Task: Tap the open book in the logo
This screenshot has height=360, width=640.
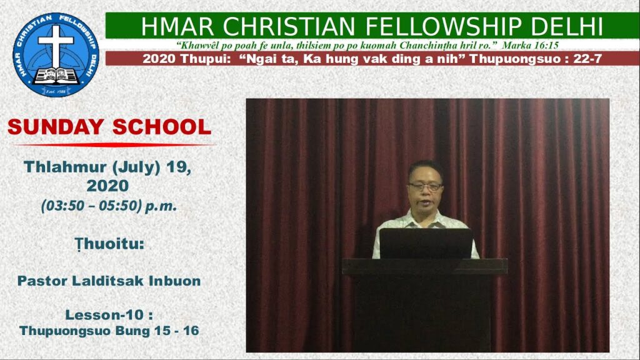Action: tap(56, 76)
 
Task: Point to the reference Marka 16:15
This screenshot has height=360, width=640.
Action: tap(530, 45)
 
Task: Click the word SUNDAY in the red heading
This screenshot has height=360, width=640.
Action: tap(56, 126)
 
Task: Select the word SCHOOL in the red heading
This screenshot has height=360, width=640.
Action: tap(162, 126)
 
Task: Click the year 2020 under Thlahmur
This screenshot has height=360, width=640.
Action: tap(107, 186)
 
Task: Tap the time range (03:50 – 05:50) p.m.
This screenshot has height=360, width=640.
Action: tap(109, 205)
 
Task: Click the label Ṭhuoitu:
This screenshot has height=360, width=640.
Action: tap(109, 244)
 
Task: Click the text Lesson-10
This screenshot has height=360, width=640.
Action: tap(104, 315)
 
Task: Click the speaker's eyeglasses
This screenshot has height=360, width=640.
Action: tap(425, 186)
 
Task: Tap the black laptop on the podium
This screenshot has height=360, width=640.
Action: tap(426, 243)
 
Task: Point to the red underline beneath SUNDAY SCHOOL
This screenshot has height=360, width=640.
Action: tap(112, 144)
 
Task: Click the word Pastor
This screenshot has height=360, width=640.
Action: tap(42, 281)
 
